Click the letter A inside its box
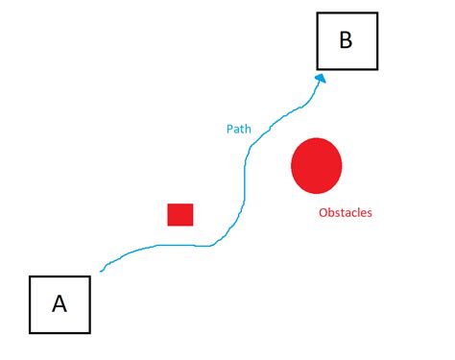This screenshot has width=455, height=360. pyautogui.click(x=60, y=304)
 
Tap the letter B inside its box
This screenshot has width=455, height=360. pyautogui.click(x=347, y=40)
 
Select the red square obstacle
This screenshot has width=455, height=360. pyautogui.click(x=180, y=214)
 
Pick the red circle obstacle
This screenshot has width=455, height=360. pyautogui.click(x=316, y=165)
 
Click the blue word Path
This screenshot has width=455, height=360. pyautogui.click(x=239, y=127)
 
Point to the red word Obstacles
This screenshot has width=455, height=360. pyautogui.click(x=345, y=212)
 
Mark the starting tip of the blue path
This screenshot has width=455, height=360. pyautogui.click(x=101, y=271)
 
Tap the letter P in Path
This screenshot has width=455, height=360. pyautogui.click(x=229, y=127)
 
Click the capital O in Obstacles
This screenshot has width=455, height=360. pyautogui.click(x=323, y=212)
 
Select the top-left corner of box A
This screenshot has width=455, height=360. pyautogui.click(x=30, y=276)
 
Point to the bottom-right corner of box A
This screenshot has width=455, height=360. pyautogui.click(x=90, y=333)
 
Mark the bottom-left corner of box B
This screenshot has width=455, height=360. pyautogui.click(x=317, y=69)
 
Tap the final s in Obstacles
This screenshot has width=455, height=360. pyautogui.click(x=369, y=213)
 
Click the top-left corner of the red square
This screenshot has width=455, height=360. pyautogui.click(x=168, y=204)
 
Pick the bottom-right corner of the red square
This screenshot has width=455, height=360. pyautogui.click(x=193, y=226)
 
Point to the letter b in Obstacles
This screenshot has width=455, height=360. pyautogui.click(x=330, y=212)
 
